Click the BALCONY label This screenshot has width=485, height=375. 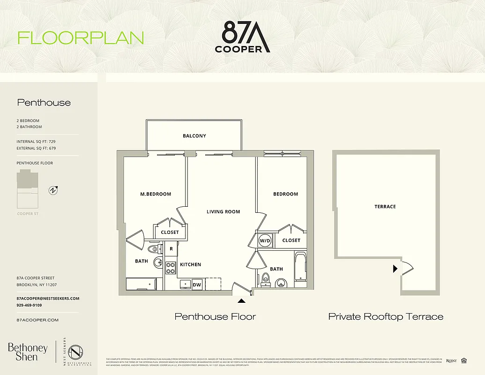[x=194, y=136]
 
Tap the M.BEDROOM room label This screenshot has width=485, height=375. [x=156, y=194]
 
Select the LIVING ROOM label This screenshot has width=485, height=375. [x=223, y=212]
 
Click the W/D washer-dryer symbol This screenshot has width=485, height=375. [x=265, y=240]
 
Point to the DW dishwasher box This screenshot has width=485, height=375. [x=198, y=284]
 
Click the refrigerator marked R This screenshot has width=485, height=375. [x=172, y=249]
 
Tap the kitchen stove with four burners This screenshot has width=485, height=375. [x=171, y=268]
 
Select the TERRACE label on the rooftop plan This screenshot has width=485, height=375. [x=385, y=207]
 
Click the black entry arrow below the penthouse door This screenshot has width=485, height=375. [x=241, y=301]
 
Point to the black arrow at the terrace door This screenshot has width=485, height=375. [x=395, y=269]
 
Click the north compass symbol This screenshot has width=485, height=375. [x=53, y=190]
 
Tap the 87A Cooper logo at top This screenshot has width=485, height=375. [x=242, y=37]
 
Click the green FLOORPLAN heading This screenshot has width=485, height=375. [x=81, y=38]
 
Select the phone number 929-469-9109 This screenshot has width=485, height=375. [x=29, y=305]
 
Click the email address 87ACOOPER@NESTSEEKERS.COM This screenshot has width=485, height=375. [x=48, y=299]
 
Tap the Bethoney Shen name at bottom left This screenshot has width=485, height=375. [x=28, y=352]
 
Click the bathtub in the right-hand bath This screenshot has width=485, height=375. [x=300, y=267]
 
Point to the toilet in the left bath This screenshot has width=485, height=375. [x=153, y=249]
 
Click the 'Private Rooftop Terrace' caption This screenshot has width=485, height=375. [x=385, y=317]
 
